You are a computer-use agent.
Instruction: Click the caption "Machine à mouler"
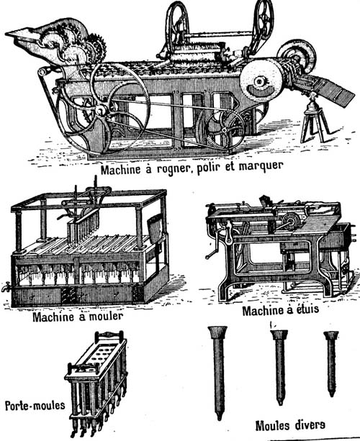[78, 317]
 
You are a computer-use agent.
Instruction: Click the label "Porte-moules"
[35, 406]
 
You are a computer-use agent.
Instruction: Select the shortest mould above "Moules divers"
[331, 363]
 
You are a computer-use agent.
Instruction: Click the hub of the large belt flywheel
[100, 110]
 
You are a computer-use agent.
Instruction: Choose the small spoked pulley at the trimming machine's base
[225, 130]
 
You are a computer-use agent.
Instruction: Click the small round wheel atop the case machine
[291, 222]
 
